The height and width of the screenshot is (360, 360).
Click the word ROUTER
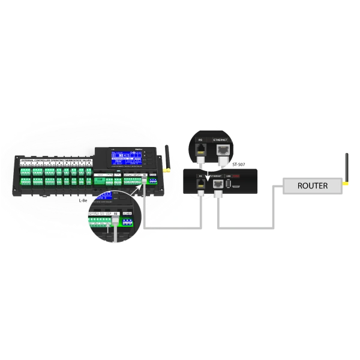(x=313, y=185)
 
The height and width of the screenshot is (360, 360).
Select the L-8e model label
(x=83, y=200)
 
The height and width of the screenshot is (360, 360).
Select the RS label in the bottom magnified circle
(x=115, y=212)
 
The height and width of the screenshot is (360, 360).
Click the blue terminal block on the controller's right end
(x=152, y=180)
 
